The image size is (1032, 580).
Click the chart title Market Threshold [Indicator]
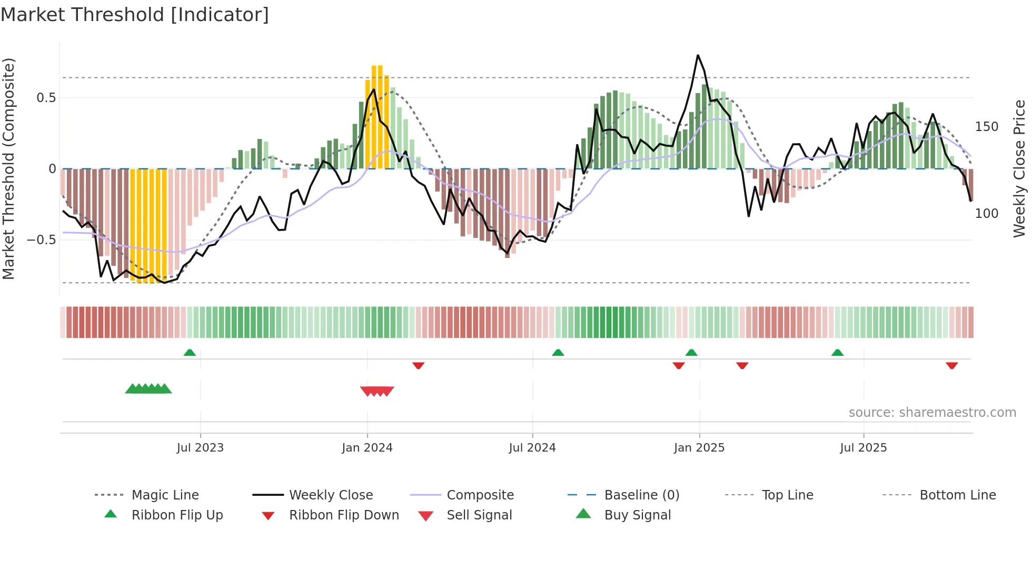[x=135, y=15]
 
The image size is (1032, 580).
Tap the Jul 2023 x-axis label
[x=200, y=448]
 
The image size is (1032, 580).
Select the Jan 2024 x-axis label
[x=367, y=448]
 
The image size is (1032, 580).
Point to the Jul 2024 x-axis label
[x=532, y=448]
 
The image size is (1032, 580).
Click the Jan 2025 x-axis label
[x=699, y=448]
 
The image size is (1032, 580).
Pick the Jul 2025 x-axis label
[x=864, y=448]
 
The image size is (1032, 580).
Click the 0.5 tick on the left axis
[x=46, y=98]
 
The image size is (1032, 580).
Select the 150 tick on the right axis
[x=987, y=127]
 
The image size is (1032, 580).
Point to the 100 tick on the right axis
[x=987, y=214]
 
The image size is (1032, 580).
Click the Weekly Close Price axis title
[x=1019, y=168]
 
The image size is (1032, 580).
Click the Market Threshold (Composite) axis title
[x=8, y=168]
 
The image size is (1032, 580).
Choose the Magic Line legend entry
[x=165, y=495]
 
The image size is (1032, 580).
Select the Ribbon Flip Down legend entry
[x=344, y=515]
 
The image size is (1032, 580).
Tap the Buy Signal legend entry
[x=637, y=515]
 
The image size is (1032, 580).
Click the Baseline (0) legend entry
[x=641, y=495]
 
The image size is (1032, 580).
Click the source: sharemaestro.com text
[x=932, y=413]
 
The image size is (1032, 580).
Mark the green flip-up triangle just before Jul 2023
[x=190, y=353]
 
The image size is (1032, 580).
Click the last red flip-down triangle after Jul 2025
[x=951, y=365]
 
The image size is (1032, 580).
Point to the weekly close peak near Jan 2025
[x=698, y=55]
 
